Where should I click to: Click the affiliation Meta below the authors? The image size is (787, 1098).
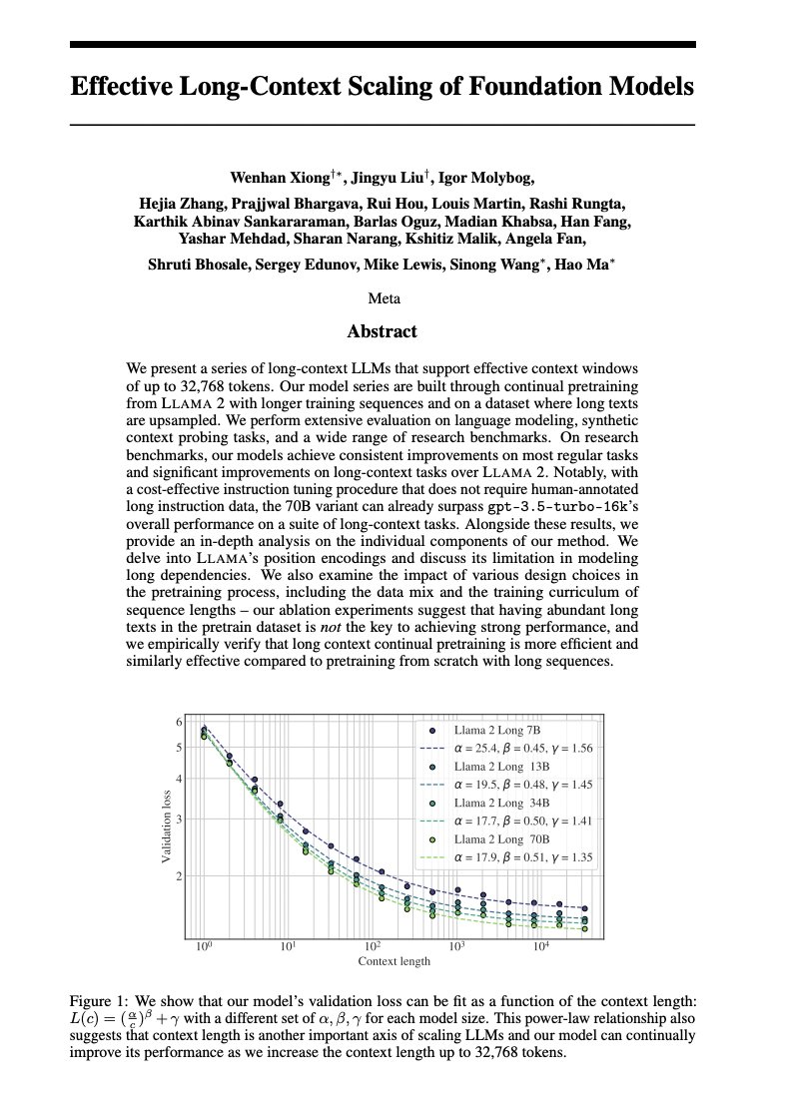(383, 298)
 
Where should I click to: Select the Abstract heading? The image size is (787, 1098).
(382, 331)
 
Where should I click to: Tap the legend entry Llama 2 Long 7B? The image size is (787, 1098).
(497, 731)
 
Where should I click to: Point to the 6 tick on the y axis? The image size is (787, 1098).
(180, 722)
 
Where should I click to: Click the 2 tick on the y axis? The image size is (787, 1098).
(180, 876)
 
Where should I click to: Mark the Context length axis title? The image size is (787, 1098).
(394, 961)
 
